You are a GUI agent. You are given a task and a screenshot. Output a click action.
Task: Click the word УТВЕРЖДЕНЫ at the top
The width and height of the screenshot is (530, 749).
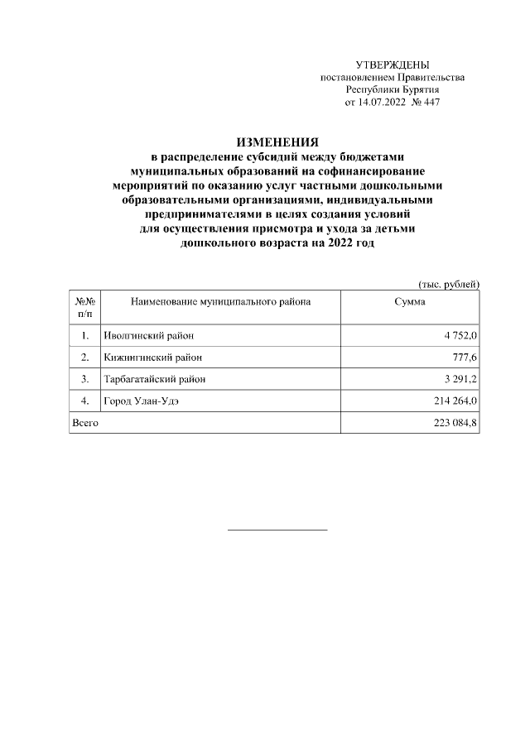(x=392, y=65)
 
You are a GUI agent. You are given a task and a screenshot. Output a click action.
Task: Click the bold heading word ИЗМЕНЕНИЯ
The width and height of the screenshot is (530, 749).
(x=277, y=142)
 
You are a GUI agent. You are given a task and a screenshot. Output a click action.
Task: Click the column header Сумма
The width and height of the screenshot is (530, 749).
(x=410, y=303)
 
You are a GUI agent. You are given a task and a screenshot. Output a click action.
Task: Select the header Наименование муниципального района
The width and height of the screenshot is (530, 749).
(x=221, y=303)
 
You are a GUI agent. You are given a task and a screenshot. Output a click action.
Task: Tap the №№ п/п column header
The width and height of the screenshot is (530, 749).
(x=85, y=308)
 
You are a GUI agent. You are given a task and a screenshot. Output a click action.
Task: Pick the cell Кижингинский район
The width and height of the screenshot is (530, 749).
(x=152, y=358)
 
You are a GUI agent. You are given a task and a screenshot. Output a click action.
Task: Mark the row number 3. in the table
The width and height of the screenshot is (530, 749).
(x=85, y=379)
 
